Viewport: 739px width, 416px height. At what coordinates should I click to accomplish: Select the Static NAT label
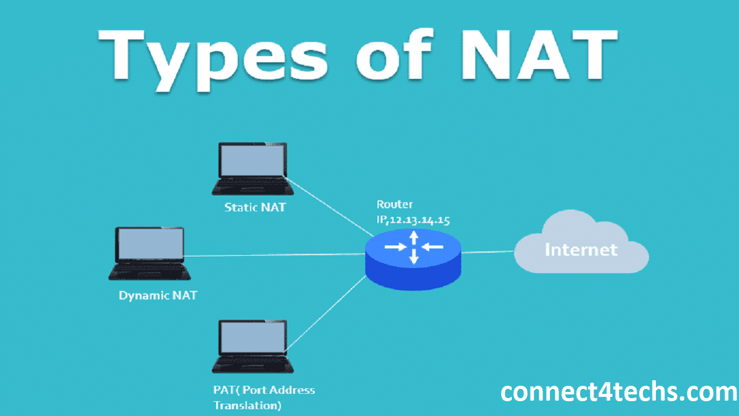point(255,207)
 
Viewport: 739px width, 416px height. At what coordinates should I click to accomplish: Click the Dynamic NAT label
point(158,295)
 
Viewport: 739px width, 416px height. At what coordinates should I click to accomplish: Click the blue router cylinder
point(413,265)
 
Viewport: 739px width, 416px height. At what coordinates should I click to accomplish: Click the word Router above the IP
point(395,205)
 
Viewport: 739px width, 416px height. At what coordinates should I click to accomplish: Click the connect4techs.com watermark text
point(618,392)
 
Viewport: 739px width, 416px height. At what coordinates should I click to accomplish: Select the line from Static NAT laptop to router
point(333,206)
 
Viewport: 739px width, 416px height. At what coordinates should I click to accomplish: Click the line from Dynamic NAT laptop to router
point(277,255)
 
